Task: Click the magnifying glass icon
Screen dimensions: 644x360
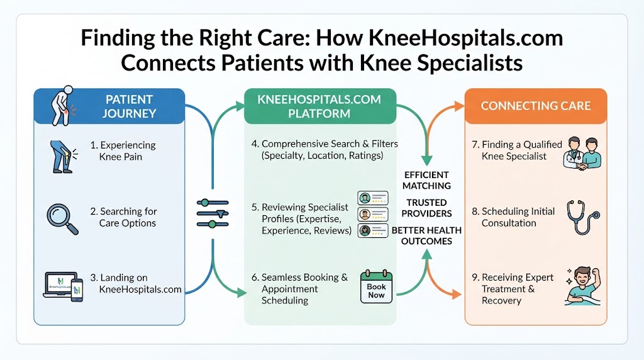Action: tap(61, 218)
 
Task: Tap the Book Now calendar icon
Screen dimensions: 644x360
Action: tap(376, 286)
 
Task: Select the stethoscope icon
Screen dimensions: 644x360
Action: tap(582, 217)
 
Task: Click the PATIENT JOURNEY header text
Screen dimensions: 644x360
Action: tap(129, 106)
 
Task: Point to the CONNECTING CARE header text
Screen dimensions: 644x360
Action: tap(536, 106)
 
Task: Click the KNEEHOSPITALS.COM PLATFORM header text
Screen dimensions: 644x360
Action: tap(319, 106)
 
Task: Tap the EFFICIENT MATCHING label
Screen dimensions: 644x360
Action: tap(426, 181)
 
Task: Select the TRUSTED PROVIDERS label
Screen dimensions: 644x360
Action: tap(426, 208)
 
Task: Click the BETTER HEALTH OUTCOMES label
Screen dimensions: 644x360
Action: tap(426, 235)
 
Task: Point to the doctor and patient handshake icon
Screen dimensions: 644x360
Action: tap(582, 154)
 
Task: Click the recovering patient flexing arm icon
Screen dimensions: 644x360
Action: tap(583, 286)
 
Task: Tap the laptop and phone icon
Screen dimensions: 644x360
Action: tap(64, 286)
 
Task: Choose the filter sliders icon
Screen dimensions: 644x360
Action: tap(213, 213)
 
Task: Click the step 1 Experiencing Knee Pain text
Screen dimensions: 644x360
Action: tap(123, 151)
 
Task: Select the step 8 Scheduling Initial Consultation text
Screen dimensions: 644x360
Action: tap(513, 217)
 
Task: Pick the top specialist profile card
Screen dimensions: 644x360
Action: tap(372, 198)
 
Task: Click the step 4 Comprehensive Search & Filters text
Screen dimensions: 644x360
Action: tap(325, 150)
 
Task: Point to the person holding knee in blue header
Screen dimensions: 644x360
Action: tap(63, 106)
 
